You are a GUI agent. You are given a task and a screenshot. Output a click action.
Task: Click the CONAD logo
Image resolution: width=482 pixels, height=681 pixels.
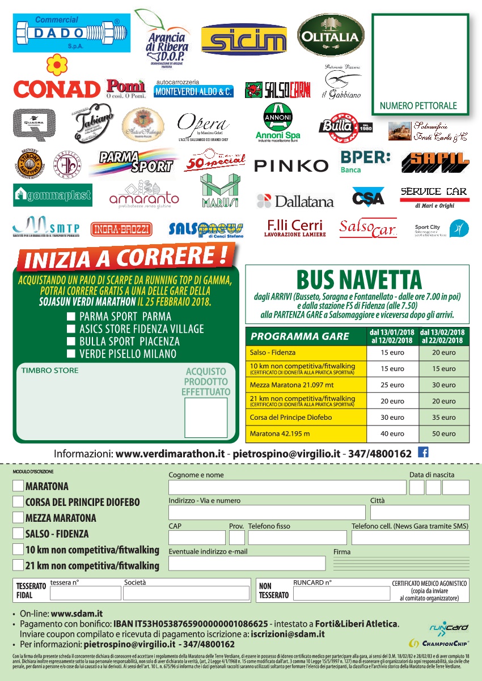coord(57,88)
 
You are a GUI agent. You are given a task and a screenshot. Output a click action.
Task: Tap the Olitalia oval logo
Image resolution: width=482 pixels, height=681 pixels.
coord(331,36)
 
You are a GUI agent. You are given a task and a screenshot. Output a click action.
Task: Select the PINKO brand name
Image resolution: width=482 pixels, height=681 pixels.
coord(291,165)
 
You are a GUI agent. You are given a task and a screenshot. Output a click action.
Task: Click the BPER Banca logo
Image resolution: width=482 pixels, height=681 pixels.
coord(365,161)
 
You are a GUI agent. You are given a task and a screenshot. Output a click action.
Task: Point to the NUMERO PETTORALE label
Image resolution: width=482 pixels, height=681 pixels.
coord(418,106)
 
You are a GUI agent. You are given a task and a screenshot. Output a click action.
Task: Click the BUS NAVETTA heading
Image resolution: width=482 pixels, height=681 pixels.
coord(359,280)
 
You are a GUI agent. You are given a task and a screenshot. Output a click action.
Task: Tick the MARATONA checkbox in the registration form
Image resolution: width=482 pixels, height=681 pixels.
coord(18,486)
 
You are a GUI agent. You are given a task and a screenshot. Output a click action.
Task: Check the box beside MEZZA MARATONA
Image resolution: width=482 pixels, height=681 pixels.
coord(18,518)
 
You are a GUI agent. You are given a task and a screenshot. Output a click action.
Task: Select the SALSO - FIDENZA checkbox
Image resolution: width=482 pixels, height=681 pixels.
coord(18,534)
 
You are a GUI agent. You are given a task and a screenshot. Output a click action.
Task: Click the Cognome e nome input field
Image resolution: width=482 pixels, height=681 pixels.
coord(287,487)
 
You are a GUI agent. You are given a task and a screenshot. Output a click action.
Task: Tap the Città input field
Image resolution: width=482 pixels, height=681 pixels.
coord(419,513)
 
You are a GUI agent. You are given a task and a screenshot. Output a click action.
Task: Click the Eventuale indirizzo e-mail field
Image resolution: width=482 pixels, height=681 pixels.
coord(247,563)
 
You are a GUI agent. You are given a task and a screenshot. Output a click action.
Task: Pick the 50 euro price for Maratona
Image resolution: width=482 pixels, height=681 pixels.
coord(444,434)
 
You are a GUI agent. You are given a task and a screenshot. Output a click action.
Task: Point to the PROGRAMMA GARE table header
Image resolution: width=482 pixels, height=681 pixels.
coord(300,337)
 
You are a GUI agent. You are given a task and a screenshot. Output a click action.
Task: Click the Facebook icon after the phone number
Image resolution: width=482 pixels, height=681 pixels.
coord(422,452)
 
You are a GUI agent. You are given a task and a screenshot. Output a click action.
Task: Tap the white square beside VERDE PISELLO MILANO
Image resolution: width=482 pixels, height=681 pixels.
coord(71,354)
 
